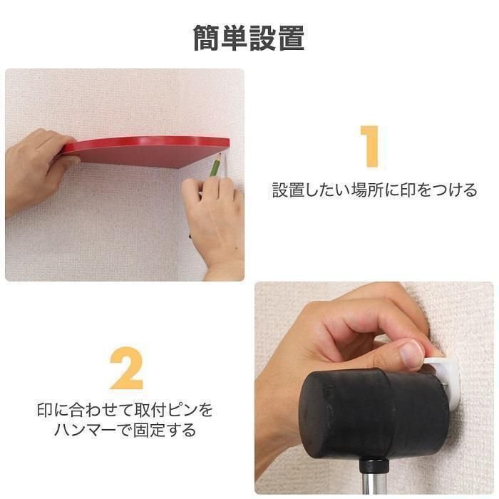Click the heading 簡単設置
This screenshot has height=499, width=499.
[249, 38]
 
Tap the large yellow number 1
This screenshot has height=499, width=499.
[371, 146]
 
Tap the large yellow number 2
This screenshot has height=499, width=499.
[127, 369]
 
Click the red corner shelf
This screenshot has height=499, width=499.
[145, 152]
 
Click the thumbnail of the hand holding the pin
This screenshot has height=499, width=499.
[413, 354]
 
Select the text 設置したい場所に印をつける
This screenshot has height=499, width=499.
[375, 190]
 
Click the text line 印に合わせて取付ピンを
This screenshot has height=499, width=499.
[125, 410]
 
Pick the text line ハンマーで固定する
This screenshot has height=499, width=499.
[125, 430]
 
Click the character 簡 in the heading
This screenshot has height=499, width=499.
[207, 38]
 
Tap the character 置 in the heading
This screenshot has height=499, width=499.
[291, 38]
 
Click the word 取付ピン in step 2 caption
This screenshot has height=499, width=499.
[163, 410]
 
